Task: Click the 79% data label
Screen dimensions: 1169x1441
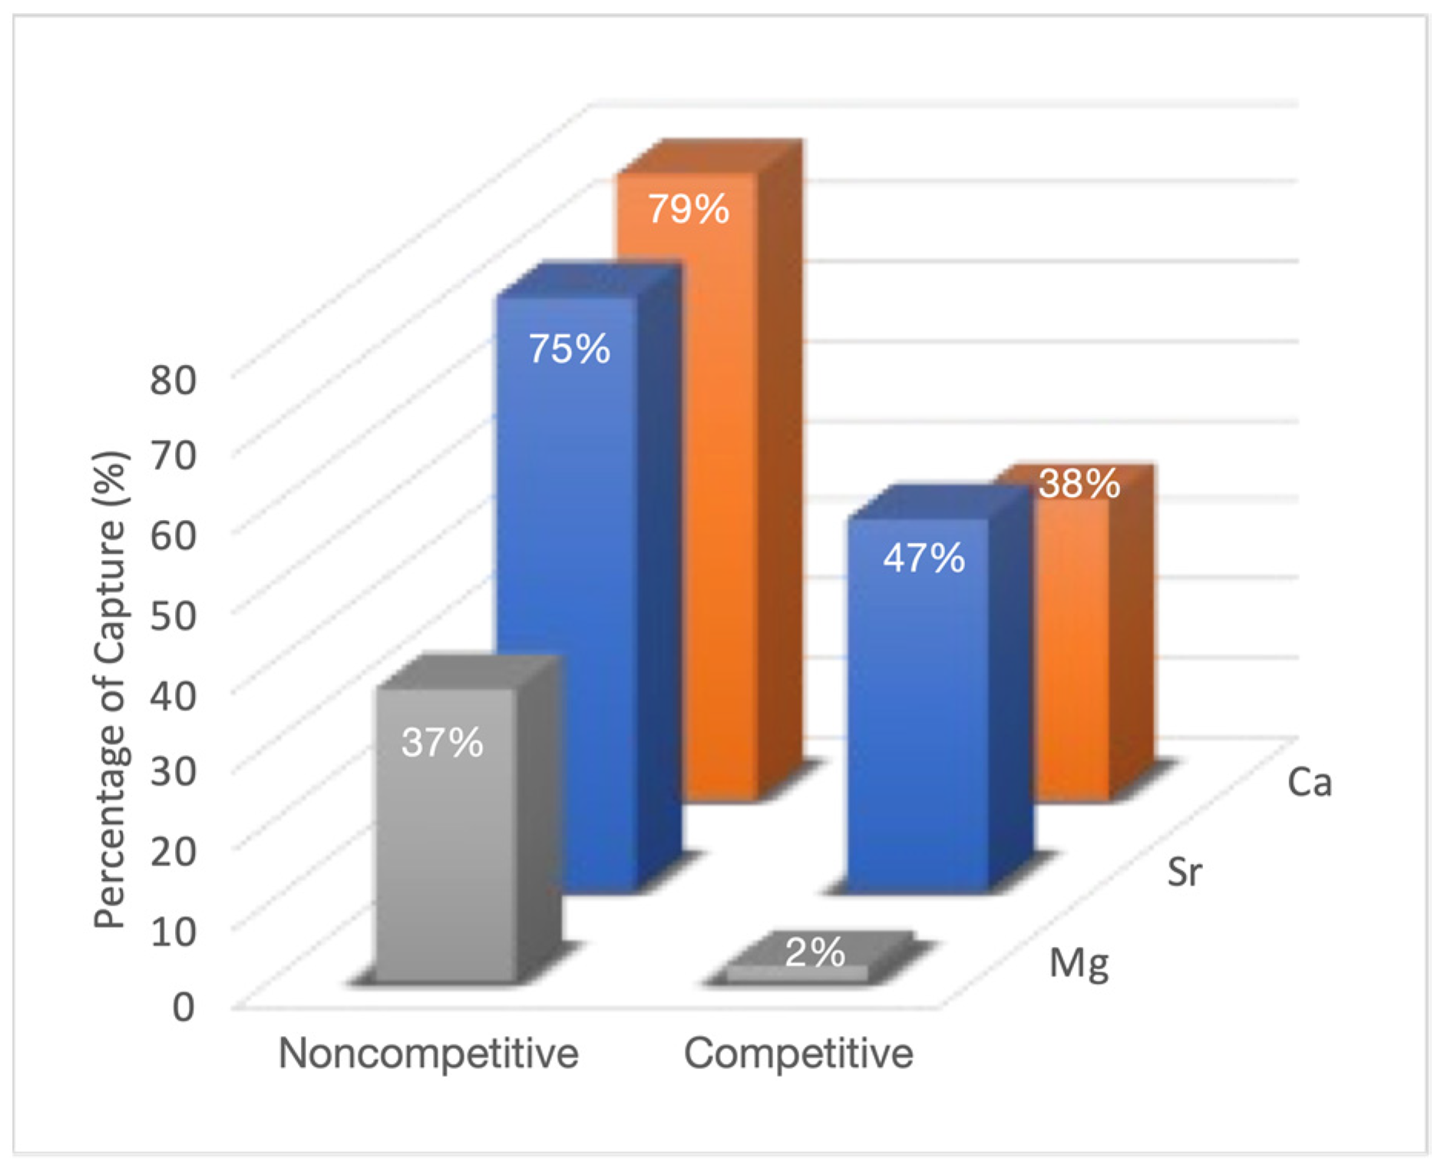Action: pyautogui.click(x=688, y=209)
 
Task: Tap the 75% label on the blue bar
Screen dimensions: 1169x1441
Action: pyautogui.click(x=569, y=349)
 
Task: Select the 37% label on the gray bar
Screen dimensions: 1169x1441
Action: pyautogui.click(x=442, y=743)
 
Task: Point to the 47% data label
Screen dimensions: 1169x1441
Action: pyautogui.click(x=924, y=558)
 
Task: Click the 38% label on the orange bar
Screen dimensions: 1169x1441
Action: pyautogui.click(x=1079, y=484)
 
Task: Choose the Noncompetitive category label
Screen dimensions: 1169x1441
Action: pyautogui.click(x=428, y=1053)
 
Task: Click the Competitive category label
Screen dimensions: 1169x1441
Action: pyautogui.click(x=798, y=1053)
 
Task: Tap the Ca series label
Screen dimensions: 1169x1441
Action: pyautogui.click(x=1309, y=783)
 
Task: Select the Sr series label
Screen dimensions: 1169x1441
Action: pyautogui.click(x=1184, y=873)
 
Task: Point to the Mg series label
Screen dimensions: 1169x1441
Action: pyautogui.click(x=1079, y=963)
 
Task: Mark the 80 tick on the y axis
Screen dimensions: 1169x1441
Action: pyautogui.click(x=173, y=379)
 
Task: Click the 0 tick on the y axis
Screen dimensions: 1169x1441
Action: pyautogui.click(x=183, y=1007)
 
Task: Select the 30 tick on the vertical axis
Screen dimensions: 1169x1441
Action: pyautogui.click(x=173, y=771)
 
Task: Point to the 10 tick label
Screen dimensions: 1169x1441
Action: pyautogui.click(x=173, y=932)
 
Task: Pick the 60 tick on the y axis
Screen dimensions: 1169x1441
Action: pyautogui.click(x=173, y=535)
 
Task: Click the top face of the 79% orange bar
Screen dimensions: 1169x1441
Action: pyautogui.click(x=710, y=157)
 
